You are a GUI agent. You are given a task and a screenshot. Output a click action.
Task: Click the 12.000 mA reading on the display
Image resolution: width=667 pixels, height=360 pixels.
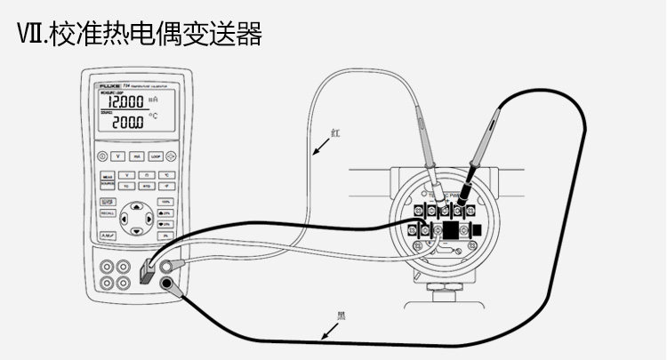point(120,102)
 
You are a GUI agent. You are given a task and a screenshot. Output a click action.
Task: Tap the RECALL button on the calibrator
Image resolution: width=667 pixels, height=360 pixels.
point(107,214)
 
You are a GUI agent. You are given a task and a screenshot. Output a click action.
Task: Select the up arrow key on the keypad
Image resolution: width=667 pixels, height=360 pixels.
point(136,206)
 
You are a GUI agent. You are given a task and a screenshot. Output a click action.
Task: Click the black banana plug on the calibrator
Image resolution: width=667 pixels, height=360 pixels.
point(168,284)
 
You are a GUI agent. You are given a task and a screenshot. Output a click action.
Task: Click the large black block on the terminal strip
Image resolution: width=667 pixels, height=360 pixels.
point(451,229)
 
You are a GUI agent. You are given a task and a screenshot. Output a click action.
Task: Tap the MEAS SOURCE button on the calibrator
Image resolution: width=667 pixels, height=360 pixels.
point(107,180)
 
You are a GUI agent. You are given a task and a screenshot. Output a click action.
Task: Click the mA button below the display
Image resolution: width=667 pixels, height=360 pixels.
point(136,156)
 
